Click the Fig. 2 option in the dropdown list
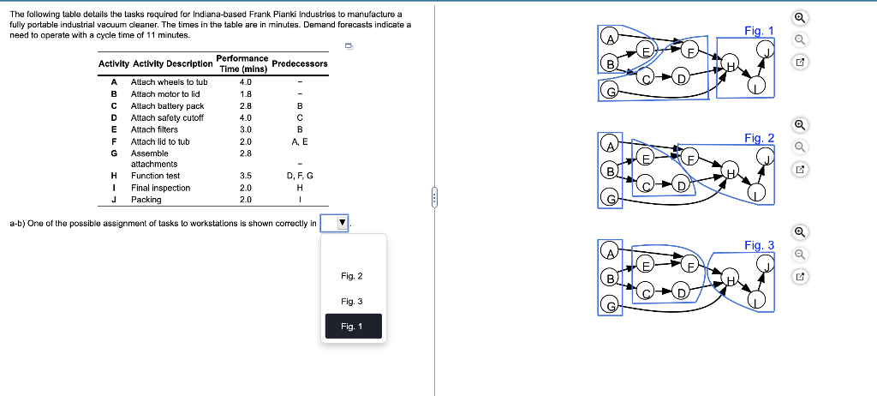pos(352,276)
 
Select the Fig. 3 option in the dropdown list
pos(352,302)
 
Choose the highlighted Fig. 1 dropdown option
pos(352,327)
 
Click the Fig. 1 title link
pos(758,31)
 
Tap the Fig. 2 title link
pos(759,138)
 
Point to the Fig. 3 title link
pos(759,245)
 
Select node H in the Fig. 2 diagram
pos(731,171)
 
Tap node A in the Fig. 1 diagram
pos(610,38)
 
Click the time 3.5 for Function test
pos(245,176)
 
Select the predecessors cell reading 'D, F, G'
pos(300,176)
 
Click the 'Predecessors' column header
pos(299,63)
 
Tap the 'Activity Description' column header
pos(172,63)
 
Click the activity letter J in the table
pos(114,200)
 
